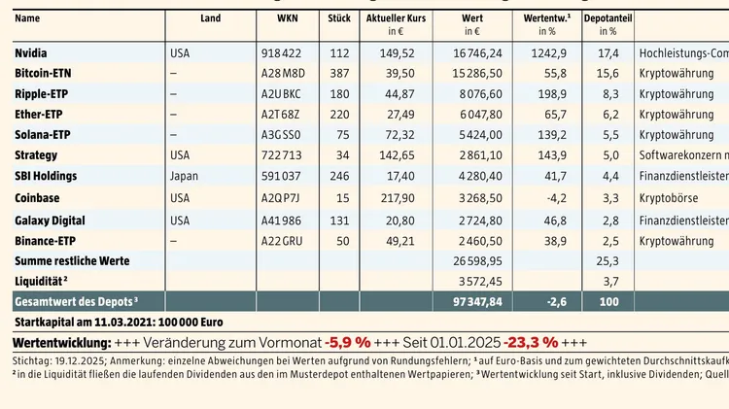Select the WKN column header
274,18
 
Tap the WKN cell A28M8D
281,73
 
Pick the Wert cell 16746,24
477,52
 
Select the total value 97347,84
477,302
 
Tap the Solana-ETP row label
43,135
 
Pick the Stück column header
339,18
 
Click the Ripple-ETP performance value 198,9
553,94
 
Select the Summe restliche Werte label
72,260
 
